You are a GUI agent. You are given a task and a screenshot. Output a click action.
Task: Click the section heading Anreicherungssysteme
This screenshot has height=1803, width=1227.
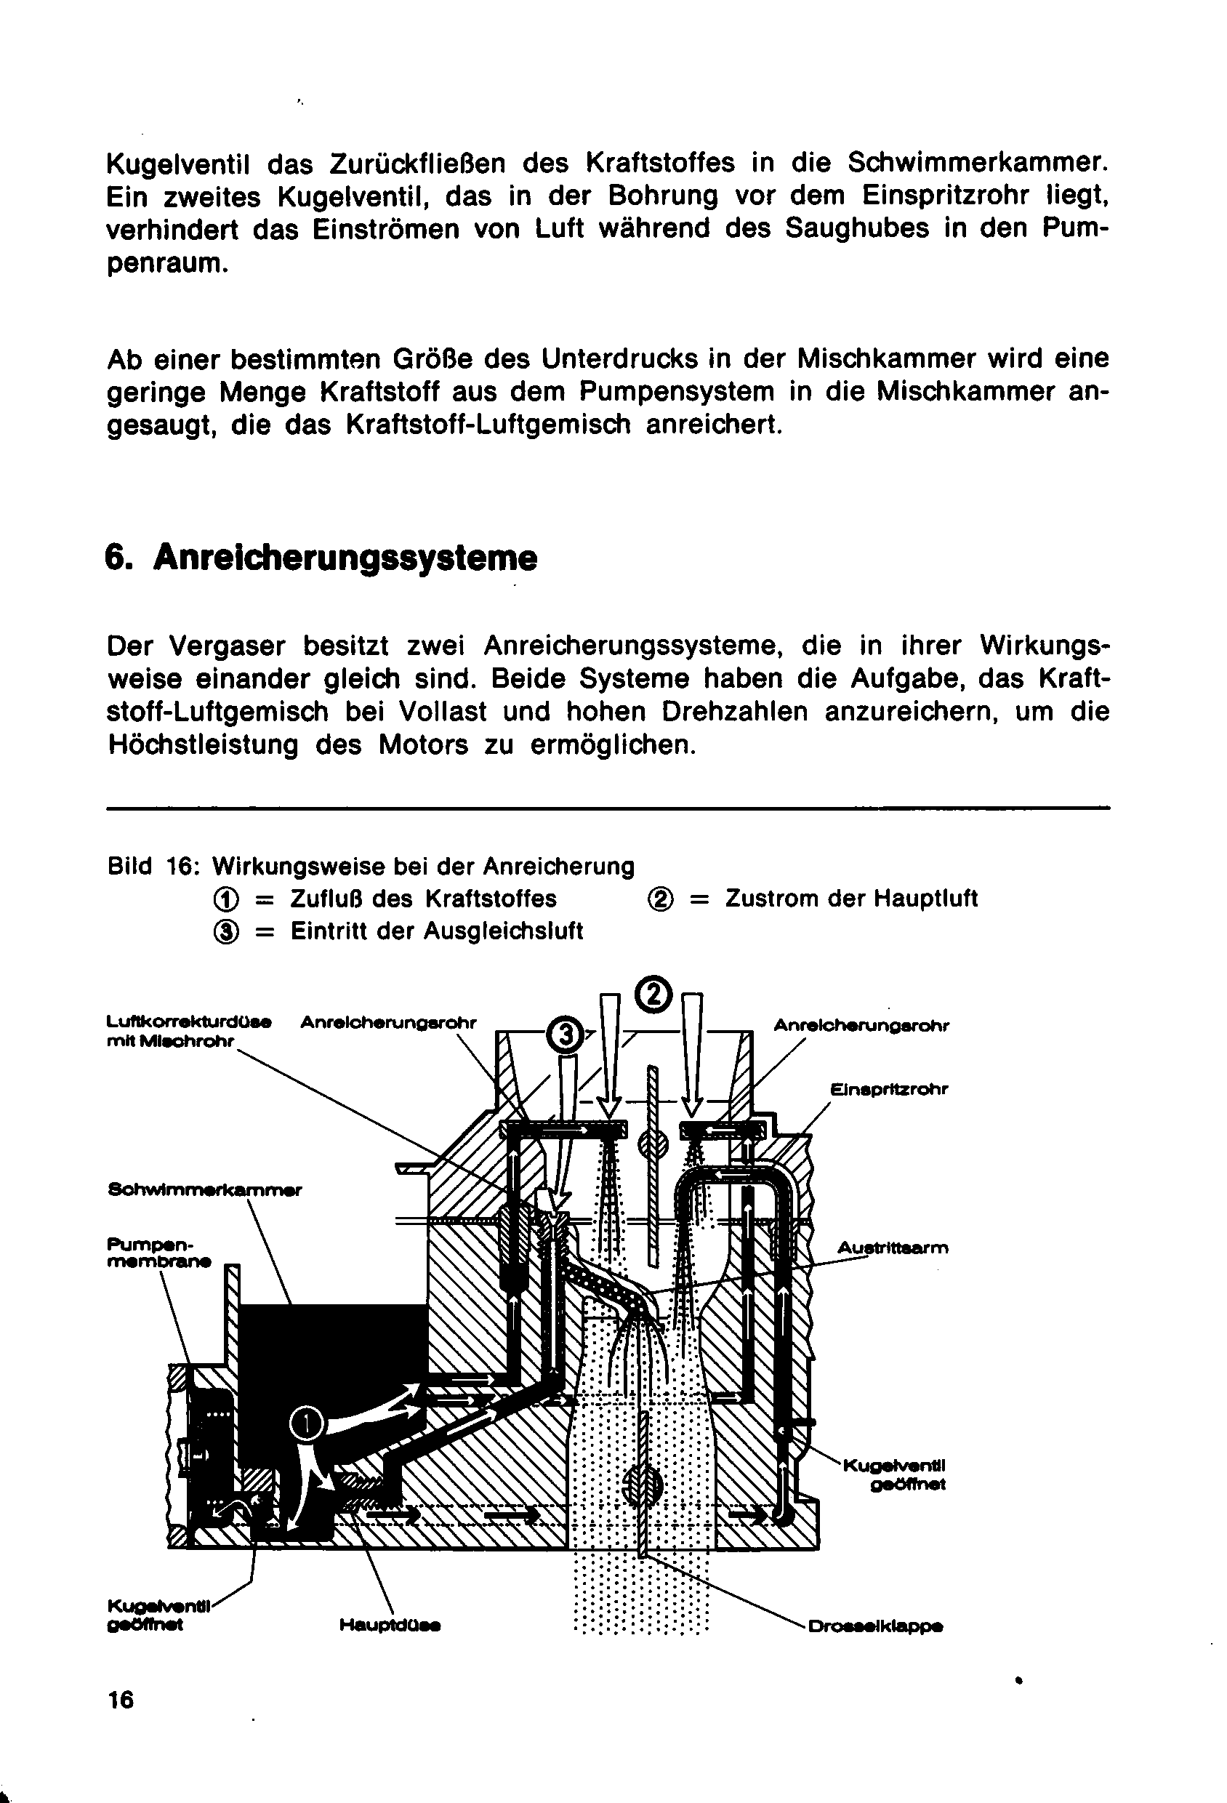click(345, 558)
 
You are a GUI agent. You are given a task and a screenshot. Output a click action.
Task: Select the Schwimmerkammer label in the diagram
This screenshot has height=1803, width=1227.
click(205, 1189)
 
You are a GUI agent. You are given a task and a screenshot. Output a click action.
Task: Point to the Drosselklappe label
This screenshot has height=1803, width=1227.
click(875, 1626)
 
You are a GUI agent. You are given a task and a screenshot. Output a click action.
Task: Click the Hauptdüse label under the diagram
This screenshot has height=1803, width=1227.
click(390, 1625)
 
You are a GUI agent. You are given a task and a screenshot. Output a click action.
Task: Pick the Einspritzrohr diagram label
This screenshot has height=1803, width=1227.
click(889, 1089)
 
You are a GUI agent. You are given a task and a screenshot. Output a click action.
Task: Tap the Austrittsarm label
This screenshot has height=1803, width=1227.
click(893, 1248)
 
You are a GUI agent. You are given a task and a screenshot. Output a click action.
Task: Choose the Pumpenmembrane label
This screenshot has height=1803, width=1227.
click(158, 1252)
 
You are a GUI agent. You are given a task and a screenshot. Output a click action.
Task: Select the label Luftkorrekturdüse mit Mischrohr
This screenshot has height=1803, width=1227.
click(188, 1031)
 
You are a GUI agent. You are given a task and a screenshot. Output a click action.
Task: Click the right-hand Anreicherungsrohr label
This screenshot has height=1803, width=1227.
click(861, 1025)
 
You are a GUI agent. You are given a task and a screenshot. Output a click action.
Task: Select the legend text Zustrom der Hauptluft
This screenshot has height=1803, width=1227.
click(851, 899)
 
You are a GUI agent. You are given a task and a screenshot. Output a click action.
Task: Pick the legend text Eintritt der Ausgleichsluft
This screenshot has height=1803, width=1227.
click(436, 931)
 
